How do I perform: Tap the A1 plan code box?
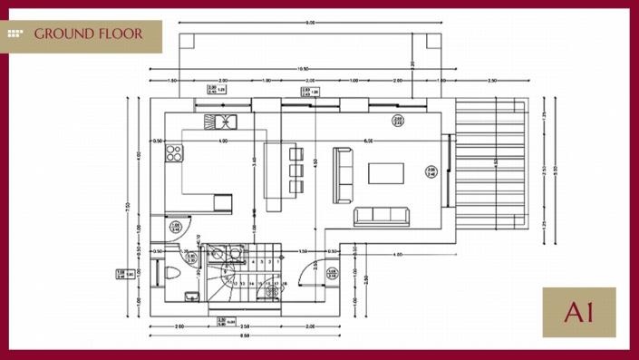[578, 313]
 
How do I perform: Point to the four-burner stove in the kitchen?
[172, 153]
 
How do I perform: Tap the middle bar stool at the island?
[295, 170]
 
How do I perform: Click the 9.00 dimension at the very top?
[310, 23]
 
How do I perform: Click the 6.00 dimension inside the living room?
[368, 141]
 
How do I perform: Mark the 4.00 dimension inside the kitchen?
[223, 141]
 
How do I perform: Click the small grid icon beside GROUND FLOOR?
[16, 34]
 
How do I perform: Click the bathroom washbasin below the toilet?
[188, 296]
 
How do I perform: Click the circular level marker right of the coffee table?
[431, 170]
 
